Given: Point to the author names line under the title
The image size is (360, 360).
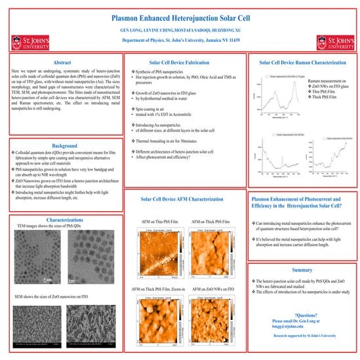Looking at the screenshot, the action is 179,30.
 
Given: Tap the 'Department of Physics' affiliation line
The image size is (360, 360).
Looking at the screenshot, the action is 179,41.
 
